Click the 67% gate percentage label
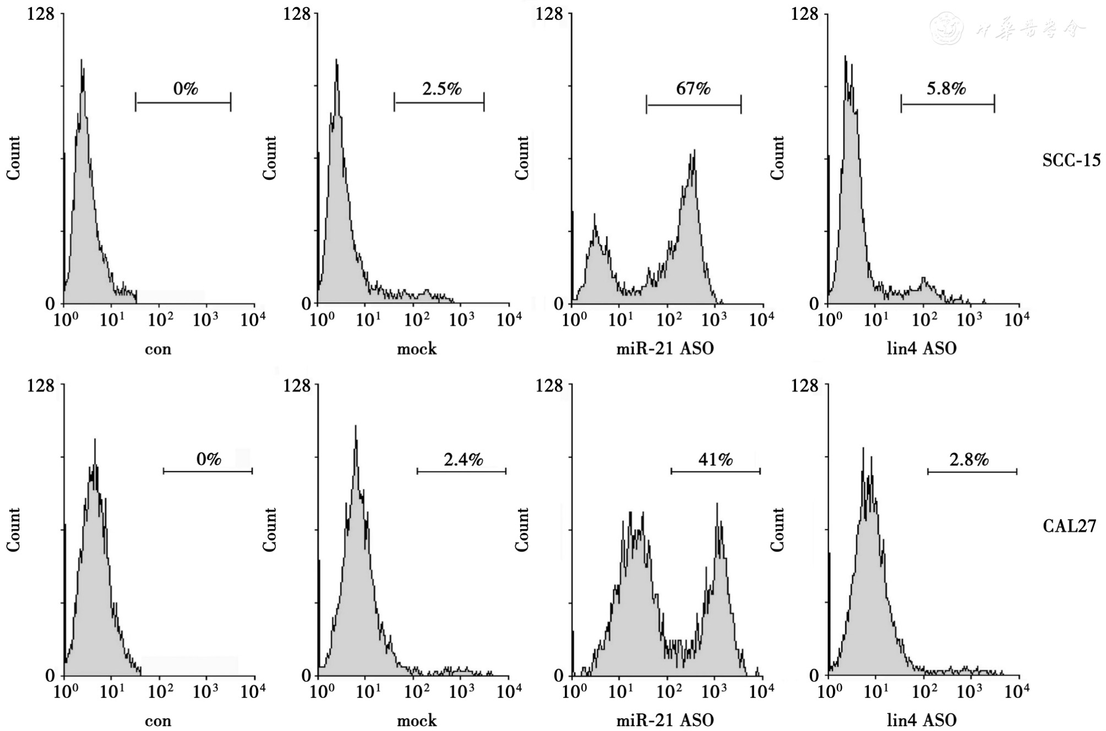click(x=693, y=89)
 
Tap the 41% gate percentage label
click(x=716, y=460)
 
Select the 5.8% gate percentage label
click(x=946, y=89)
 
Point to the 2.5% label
click(x=442, y=89)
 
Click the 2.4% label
click(x=463, y=460)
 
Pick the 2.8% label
click(x=969, y=460)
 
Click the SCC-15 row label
click(x=1071, y=160)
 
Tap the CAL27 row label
click(x=1069, y=526)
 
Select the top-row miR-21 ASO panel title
click(x=664, y=348)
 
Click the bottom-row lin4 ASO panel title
click(x=921, y=720)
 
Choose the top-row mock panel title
click(x=417, y=349)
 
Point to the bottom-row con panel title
click(x=158, y=721)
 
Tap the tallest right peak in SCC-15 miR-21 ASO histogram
click(x=694, y=151)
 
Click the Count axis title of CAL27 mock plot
click(x=269, y=530)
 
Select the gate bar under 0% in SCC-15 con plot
click(x=183, y=102)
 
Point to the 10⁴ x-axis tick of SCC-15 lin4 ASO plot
click(x=1016, y=319)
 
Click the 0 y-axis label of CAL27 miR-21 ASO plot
click(x=558, y=675)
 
